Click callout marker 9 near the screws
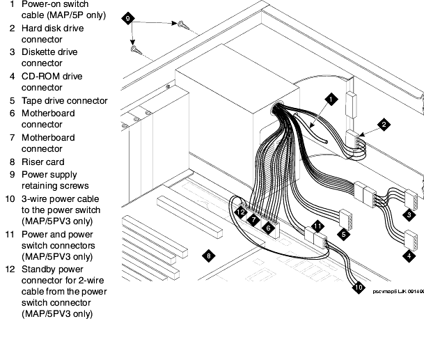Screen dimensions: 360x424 [x=126, y=17]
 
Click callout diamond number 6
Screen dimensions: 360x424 [x=269, y=228]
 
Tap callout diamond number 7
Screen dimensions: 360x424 [x=255, y=219]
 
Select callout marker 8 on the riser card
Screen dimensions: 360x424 [x=208, y=256]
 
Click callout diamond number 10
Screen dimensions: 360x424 [x=359, y=285]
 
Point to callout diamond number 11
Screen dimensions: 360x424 [x=317, y=226]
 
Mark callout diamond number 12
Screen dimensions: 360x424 [x=240, y=211]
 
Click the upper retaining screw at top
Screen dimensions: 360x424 [x=182, y=25]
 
